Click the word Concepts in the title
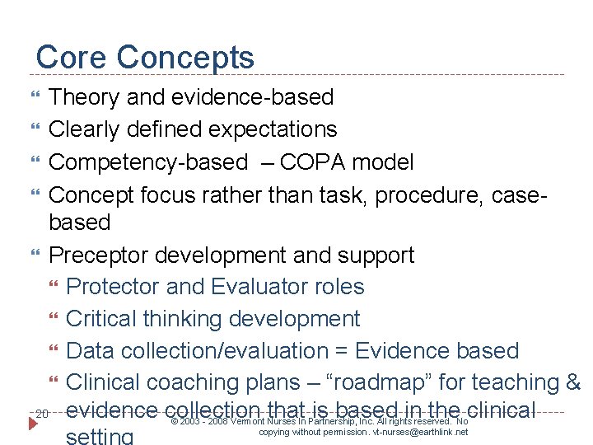[185, 58]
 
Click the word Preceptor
[102, 255]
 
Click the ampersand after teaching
[574, 382]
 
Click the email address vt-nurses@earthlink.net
[420, 432]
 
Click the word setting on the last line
[100, 436]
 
